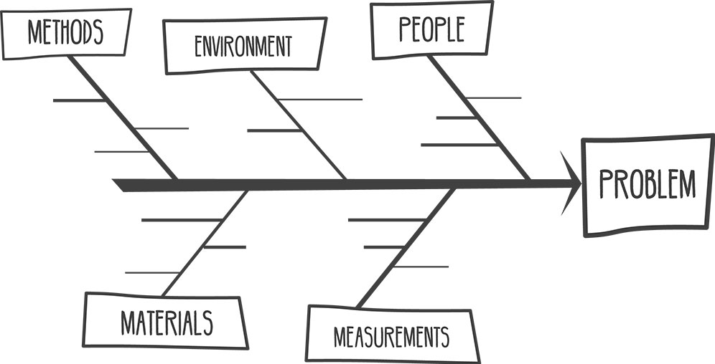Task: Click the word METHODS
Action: [x=65, y=32]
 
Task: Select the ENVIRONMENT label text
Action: [x=243, y=47]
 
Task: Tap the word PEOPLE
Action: [x=431, y=29]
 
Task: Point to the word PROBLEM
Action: [x=648, y=185]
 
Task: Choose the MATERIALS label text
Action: [x=167, y=322]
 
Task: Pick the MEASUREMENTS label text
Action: [x=391, y=335]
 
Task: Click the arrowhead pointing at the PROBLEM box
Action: [x=572, y=184]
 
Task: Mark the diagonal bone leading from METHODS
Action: [x=122, y=118]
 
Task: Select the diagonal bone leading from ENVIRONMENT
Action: [x=298, y=125]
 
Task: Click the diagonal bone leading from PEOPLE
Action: [x=479, y=118]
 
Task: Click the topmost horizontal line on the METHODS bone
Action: [x=79, y=100]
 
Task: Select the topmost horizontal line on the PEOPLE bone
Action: [x=492, y=97]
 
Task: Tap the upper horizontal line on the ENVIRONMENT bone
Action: [x=319, y=99]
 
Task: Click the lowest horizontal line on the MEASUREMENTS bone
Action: [x=420, y=267]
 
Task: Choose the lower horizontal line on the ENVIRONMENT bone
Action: [x=274, y=130]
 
